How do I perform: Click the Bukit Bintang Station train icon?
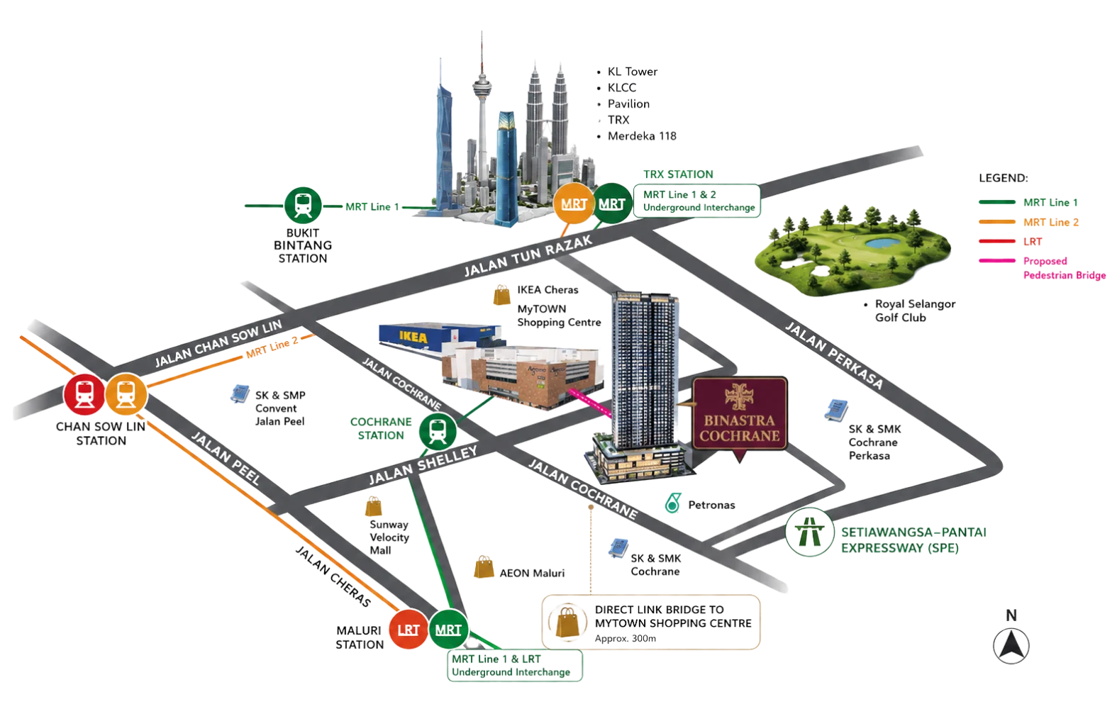[303, 206]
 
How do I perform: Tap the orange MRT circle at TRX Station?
[574, 203]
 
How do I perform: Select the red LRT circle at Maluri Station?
[409, 630]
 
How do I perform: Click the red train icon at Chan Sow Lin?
[84, 394]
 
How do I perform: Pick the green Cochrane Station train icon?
[438, 431]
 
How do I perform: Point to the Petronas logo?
[673, 503]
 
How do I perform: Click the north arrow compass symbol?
[1011, 646]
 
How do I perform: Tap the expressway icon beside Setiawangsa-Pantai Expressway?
[809, 532]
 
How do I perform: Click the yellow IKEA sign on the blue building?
[413, 337]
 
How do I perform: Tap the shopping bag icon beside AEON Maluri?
[483, 567]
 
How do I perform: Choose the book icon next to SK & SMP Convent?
[240, 394]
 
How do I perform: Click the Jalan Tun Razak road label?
[528, 255]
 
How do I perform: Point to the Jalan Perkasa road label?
[834, 355]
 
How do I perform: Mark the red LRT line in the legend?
[997, 241]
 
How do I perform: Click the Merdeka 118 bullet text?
[642, 136]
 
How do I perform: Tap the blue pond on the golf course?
[883, 242]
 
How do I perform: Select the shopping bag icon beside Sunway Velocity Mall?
[374, 506]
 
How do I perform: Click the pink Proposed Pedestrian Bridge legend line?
[997, 261]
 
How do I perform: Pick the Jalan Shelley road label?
[423, 465]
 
